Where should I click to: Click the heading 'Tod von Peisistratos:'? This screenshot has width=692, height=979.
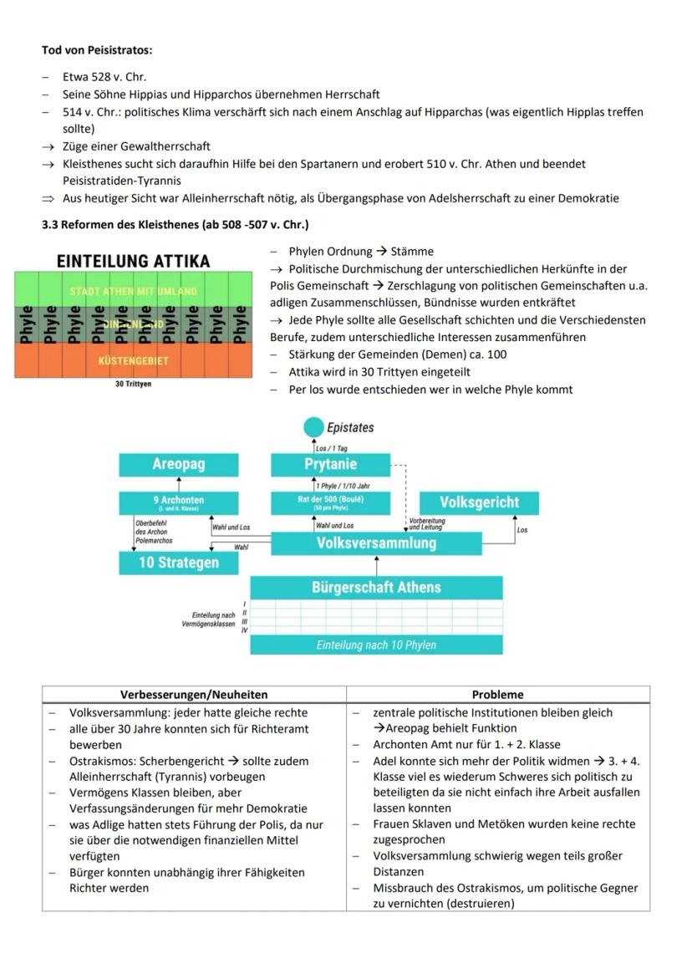(x=97, y=50)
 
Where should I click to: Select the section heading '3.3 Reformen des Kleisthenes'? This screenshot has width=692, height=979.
(x=175, y=225)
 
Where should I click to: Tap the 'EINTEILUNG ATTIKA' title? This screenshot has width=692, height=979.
(x=133, y=261)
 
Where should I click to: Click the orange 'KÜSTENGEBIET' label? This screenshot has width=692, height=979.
(x=133, y=361)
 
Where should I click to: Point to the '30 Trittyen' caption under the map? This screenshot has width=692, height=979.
(x=133, y=385)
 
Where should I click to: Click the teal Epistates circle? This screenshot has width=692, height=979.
(x=313, y=427)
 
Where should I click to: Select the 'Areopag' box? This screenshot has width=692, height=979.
(x=179, y=464)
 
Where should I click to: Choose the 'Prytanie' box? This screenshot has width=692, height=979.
(x=330, y=464)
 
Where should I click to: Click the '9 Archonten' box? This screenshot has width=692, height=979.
(x=179, y=502)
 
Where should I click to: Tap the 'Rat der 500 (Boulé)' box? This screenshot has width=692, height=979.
(x=330, y=502)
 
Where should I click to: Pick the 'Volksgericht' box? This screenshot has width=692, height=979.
(x=480, y=502)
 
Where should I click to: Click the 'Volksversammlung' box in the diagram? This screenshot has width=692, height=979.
(x=376, y=543)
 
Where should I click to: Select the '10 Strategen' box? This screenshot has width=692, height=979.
(x=179, y=563)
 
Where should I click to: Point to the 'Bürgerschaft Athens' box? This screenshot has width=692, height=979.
(x=376, y=587)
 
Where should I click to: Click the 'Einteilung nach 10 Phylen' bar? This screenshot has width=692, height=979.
(x=376, y=645)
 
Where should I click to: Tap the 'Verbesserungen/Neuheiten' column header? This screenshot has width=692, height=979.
(x=194, y=695)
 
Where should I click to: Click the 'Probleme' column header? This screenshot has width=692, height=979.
(x=497, y=695)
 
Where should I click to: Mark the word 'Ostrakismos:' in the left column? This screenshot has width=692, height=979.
(x=105, y=762)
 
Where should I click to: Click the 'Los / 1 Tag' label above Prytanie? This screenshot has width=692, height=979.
(x=332, y=448)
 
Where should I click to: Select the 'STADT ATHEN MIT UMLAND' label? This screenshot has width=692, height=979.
(x=133, y=292)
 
